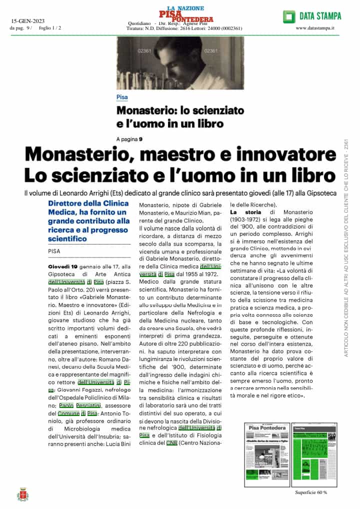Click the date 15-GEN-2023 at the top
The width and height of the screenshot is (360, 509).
pyautogui.click(x=28, y=20)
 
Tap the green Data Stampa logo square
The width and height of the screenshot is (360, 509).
pyautogui.click(x=289, y=16)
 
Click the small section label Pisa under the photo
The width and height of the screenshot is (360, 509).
pyautogui.click(x=122, y=97)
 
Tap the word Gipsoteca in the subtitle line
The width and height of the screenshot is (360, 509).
pyautogui.click(x=320, y=193)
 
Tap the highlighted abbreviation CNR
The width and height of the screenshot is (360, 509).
pyautogui.click(x=172, y=443)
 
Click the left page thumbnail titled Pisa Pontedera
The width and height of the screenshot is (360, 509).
pyautogui.click(x=266, y=454)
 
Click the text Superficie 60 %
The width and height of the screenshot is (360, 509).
pyautogui.click(x=311, y=492)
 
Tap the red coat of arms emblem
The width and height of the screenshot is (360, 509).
pyautogui.click(x=22, y=494)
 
